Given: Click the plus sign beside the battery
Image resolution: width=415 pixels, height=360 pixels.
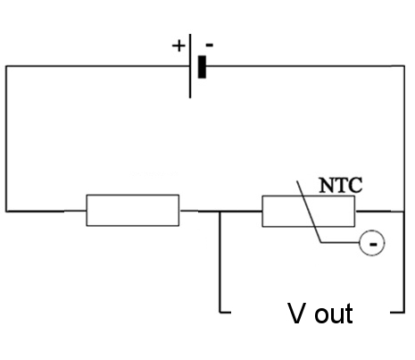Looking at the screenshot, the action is [178, 46].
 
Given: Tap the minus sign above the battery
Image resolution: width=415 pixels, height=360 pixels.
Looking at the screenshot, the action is [210, 46].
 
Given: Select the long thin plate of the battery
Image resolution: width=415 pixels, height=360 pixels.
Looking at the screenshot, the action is [190, 66].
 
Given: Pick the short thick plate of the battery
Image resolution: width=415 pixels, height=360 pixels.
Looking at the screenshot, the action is [202, 67].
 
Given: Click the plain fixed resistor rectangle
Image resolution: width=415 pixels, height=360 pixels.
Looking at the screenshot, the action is [133, 210].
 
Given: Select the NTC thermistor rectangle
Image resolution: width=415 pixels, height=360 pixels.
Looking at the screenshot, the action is [309, 211].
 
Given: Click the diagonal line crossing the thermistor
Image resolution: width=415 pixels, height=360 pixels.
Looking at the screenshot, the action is [309, 212].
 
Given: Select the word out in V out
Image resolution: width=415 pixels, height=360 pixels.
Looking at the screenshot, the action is [334, 314].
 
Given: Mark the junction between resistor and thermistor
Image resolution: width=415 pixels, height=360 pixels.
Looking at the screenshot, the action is [220, 212].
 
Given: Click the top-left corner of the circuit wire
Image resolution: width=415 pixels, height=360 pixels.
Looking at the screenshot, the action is [6, 66].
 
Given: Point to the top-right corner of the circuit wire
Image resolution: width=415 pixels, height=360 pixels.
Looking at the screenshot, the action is [404, 66].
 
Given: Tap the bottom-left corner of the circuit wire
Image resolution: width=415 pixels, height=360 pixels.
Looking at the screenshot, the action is [6, 212].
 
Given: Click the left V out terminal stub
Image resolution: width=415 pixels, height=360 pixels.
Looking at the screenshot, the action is [225, 313].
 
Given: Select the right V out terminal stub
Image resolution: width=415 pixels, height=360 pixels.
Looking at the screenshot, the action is [397, 313].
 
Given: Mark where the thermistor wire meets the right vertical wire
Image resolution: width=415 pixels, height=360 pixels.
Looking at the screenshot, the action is [403, 212].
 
